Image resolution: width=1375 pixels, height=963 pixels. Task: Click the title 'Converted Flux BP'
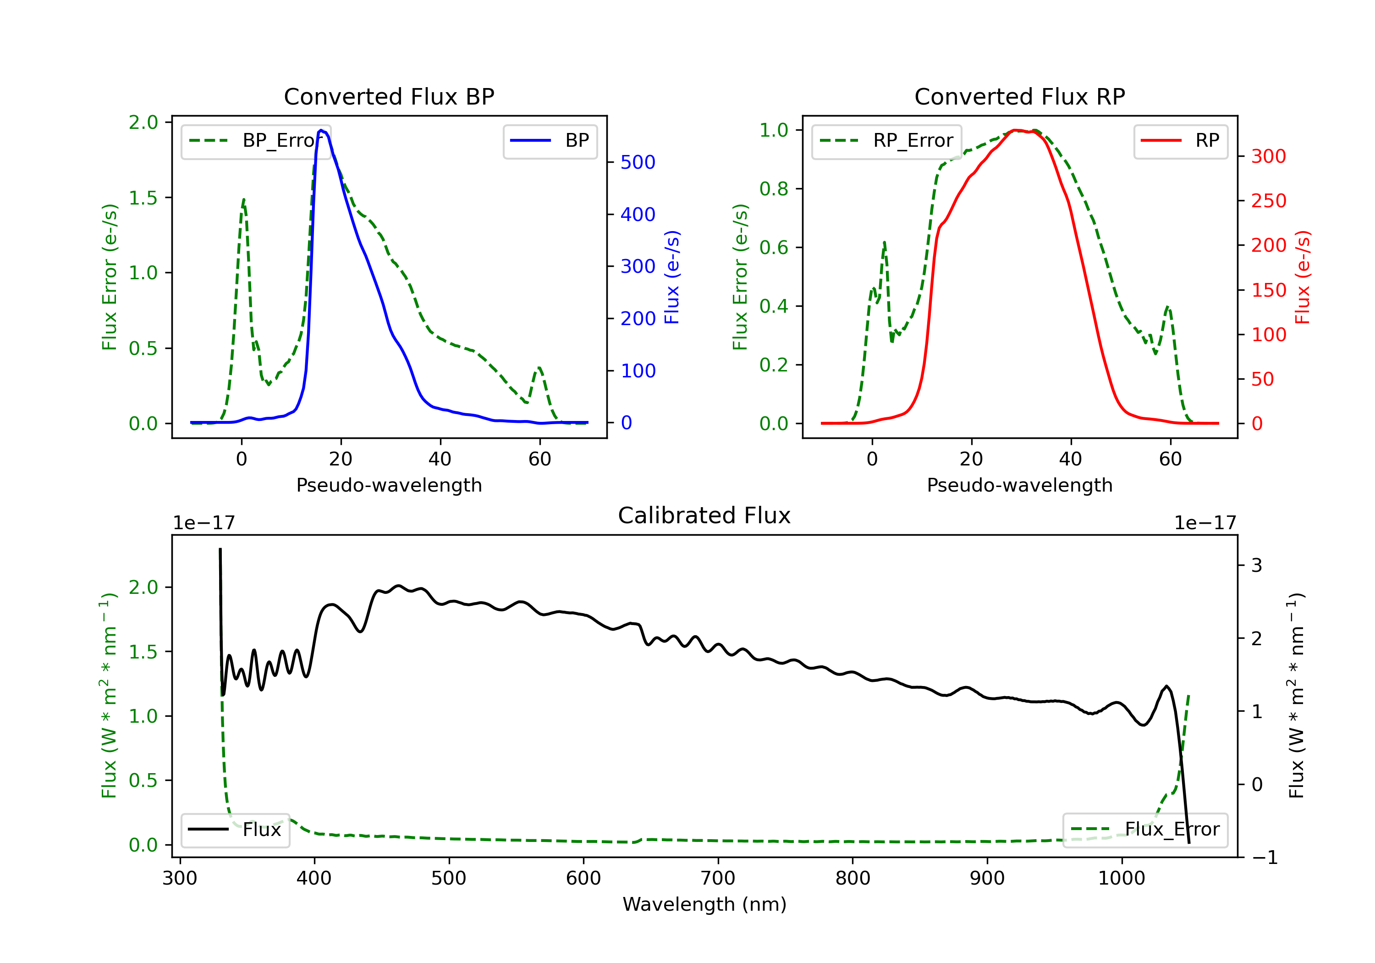389,96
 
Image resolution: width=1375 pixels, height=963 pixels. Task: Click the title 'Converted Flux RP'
1019,96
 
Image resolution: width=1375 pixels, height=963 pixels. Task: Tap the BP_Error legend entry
256,141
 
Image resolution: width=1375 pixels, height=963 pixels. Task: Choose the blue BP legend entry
550,141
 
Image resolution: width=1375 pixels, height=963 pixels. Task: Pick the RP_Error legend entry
886,141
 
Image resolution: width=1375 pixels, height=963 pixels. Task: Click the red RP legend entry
1180,141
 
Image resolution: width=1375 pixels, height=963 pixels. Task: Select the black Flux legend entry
236,830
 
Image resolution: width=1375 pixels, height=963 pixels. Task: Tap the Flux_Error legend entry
1144,830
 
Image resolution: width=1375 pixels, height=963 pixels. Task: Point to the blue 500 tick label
638,162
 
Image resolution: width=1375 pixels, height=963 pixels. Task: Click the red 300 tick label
1268,156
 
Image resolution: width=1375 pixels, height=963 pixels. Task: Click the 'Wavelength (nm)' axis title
704,904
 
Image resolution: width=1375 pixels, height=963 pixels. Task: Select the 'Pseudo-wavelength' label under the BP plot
389,485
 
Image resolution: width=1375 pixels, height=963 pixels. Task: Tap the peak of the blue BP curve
321,130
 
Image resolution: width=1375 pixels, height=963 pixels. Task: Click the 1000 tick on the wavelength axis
1121,879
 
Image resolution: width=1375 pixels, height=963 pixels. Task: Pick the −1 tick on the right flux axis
1265,858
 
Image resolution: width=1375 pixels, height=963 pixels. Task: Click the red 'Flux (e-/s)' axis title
1303,277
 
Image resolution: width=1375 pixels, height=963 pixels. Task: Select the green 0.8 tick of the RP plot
774,189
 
